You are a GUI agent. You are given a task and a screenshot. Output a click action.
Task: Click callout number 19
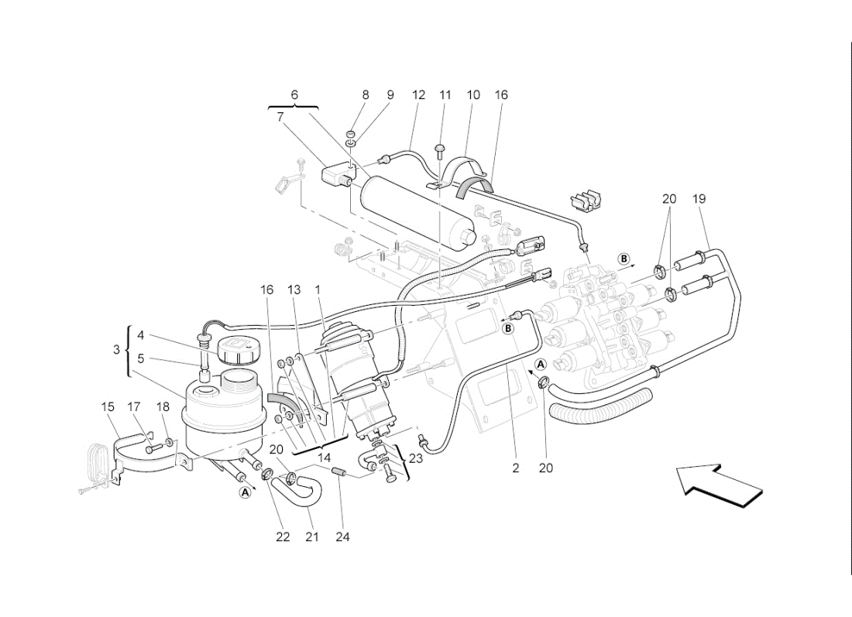click(x=699, y=199)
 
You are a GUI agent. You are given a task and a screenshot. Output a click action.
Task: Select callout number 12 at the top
click(x=418, y=95)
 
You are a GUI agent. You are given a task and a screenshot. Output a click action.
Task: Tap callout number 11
click(x=445, y=95)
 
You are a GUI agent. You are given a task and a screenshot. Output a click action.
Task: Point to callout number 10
click(x=473, y=95)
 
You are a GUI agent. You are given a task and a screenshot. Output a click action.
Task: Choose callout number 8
click(x=366, y=95)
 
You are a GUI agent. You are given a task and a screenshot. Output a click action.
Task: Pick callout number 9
click(x=390, y=95)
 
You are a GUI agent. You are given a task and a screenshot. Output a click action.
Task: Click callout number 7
click(x=280, y=117)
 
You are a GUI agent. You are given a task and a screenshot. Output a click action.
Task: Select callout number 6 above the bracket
click(x=294, y=94)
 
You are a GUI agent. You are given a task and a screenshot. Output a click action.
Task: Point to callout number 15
click(x=108, y=406)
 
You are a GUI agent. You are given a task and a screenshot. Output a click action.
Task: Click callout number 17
click(x=134, y=406)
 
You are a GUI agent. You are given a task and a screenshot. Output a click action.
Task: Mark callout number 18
click(x=163, y=406)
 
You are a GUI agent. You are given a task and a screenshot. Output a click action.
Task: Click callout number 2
click(x=515, y=468)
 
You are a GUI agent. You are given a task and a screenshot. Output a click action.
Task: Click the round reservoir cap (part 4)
click(x=234, y=351)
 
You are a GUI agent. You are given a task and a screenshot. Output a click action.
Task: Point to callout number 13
click(x=294, y=290)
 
